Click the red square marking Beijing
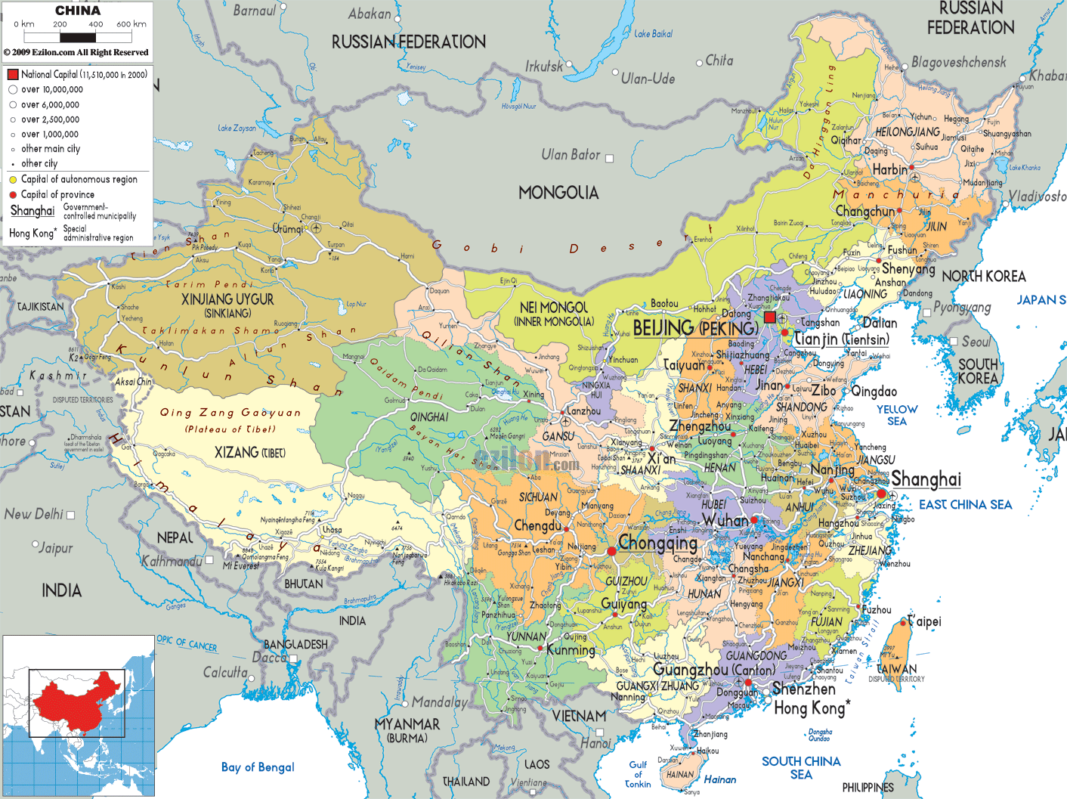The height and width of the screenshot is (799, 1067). coord(769,317)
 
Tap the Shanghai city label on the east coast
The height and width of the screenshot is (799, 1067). coord(926,479)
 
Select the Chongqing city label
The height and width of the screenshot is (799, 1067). coord(657,543)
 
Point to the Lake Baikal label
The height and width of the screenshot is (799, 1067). coord(653,34)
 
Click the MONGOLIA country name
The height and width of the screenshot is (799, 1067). coord(558,194)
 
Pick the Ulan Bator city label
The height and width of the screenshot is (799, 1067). coord(571,155)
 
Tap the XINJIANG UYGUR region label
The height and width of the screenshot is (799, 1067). coord(227,300)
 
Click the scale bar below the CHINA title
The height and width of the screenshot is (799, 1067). coord(78,37)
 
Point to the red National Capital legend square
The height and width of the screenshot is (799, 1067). coord(13,74)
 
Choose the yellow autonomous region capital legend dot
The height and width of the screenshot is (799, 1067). coord(13,180)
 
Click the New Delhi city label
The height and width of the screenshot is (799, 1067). coord(34,514)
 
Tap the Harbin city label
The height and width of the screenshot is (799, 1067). coord(889,170)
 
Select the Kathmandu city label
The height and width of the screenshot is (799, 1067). coord(172,561)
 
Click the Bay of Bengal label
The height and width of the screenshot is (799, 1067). coord(258,767)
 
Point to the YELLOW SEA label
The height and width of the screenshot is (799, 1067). coord(897,415)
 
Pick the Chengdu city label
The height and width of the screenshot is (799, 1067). coord(537,525)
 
